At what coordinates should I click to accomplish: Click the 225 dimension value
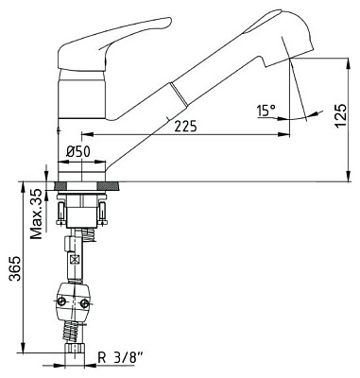click(x=185, y=126)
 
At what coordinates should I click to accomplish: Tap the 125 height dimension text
click(x=341, y=115)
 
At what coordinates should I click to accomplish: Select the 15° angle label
click(x=266, y=111)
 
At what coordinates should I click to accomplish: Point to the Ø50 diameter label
click(x=78, y=152)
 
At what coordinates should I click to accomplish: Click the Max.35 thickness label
click(x=36, y=214)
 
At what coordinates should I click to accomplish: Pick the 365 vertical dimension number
click(x=15, y=268)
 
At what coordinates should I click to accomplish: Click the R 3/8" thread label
click(x=120, y=358)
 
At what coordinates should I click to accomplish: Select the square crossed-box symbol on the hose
click(x=75, y=260)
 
